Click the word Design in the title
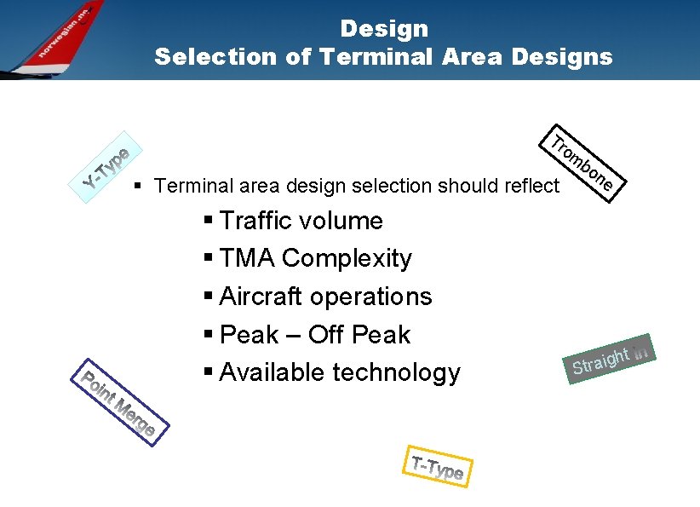[x=384, y=29]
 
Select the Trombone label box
[x=586, y=163]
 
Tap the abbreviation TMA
[x=247, y=259]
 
